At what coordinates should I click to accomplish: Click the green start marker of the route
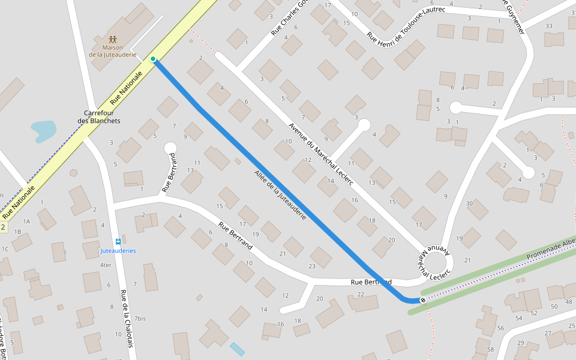153,59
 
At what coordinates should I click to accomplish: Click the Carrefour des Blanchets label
99,117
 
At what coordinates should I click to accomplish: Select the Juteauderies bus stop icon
117,240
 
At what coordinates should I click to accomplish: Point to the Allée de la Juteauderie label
281,194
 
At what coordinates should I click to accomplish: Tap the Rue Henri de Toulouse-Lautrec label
406,27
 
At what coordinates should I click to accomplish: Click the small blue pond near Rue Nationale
44,130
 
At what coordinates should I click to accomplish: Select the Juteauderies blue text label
118,250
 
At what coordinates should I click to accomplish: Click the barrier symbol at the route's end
423,299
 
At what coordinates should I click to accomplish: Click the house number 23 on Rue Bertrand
312,266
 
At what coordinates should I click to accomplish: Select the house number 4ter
106,265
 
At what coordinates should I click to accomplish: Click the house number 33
548,26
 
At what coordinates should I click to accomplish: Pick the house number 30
469,203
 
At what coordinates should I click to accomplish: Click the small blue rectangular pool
238,349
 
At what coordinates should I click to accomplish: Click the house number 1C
5,248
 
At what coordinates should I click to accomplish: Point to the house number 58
490,349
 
